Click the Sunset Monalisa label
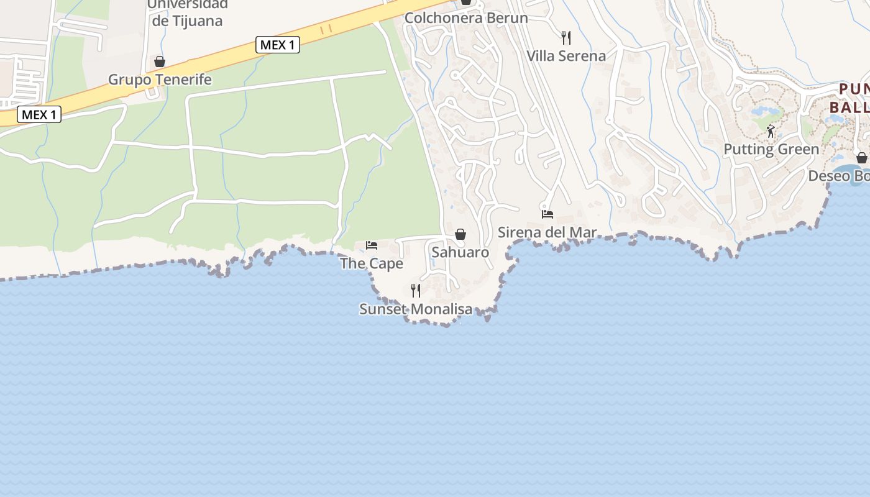[x=415, y=309]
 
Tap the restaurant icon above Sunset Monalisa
[x=416, y=290]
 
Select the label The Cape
[x=371, y=263]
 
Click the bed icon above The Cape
[x=372, y=245]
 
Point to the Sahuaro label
[x=460, y=252]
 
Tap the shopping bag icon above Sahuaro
[x=460, y=234]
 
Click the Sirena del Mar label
[x=547, y=232]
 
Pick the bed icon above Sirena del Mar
[x=547, y=214]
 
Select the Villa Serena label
[x=565, y=56]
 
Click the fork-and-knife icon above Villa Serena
[x=565, y=38]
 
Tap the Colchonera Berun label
[x=466, y=18]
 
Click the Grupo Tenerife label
[x=160, y=80]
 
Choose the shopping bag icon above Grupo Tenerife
[x=160, y=62]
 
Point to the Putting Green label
[x=771, y=149]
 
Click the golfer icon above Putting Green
[x=771, y=131]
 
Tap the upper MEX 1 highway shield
[x=278, y=45]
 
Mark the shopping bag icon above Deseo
[x=861, y=158]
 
